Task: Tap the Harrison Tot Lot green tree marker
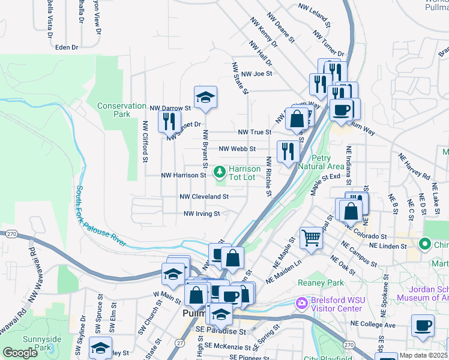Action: point(220,173)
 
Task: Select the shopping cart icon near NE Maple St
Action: point(311,238)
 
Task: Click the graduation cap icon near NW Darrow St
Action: point(205,98)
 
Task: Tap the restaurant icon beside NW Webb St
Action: point(288,152)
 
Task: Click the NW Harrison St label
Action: point(184,176)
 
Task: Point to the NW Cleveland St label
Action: point(204,196)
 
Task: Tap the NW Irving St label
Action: point(202,213)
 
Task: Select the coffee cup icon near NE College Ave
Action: point(423,326)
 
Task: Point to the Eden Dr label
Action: point(67,47)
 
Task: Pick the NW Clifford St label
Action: point(145,142)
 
